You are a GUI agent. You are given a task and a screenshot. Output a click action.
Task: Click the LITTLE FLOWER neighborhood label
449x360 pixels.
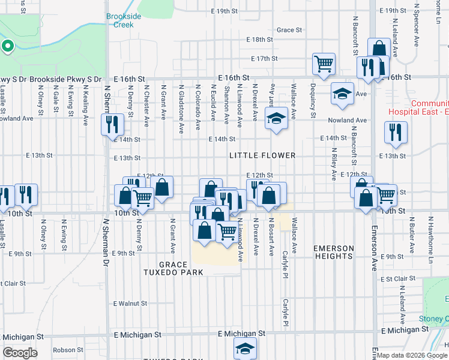click(263, 155)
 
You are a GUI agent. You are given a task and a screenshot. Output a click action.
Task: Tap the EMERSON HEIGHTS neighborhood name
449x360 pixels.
click(333, 252)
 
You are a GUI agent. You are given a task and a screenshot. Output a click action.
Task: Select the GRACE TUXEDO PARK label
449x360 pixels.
click(181, 268)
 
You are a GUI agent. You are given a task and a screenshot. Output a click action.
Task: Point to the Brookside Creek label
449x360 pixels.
click(124, 20)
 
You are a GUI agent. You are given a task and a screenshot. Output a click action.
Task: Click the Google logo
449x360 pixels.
click(20, 353)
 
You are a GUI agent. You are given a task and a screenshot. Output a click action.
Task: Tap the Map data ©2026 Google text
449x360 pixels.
click(412, 355)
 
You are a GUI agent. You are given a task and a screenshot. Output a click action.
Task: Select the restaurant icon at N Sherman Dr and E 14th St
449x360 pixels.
click(112, 124)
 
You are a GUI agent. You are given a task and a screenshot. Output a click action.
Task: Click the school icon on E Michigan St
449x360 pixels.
click(245, 347)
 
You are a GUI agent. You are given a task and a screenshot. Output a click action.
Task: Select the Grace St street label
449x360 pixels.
click(289, 30)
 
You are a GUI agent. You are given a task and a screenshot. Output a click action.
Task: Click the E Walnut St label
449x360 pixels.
click(130, 304)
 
